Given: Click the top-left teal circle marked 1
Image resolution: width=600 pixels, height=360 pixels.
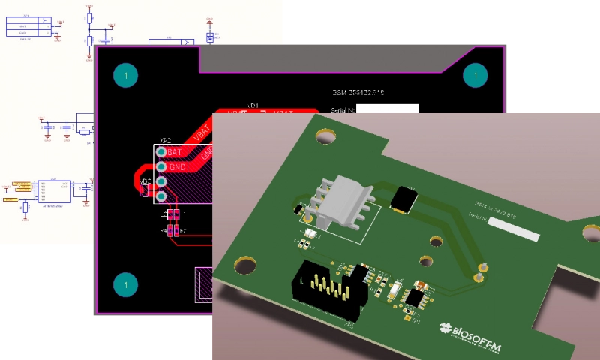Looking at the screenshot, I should click(x=126, y=75).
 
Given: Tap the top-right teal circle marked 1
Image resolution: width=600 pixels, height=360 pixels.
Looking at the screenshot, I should click(x=475, y=75).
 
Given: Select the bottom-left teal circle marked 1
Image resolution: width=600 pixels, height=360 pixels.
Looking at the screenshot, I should click(x=126, y=285).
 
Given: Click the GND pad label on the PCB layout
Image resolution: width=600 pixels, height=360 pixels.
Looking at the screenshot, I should click(x=177, y=167).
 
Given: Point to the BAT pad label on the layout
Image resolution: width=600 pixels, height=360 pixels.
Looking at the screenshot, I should click(x=175, y=152).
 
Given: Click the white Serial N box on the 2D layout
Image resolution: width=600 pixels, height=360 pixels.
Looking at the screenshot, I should click(x=387, y=109).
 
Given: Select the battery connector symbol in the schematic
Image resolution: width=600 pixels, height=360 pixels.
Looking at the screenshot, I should click(x=27, y=28).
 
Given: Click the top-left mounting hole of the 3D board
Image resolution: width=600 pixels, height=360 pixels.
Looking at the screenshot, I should click(x=326, y=136).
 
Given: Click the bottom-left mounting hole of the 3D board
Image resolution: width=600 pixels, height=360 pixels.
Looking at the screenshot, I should click(x=245, y=265).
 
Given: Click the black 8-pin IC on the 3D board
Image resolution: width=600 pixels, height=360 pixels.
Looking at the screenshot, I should click(x=413, y=298).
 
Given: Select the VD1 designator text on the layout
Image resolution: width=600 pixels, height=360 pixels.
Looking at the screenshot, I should click(x=253, y=105).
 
